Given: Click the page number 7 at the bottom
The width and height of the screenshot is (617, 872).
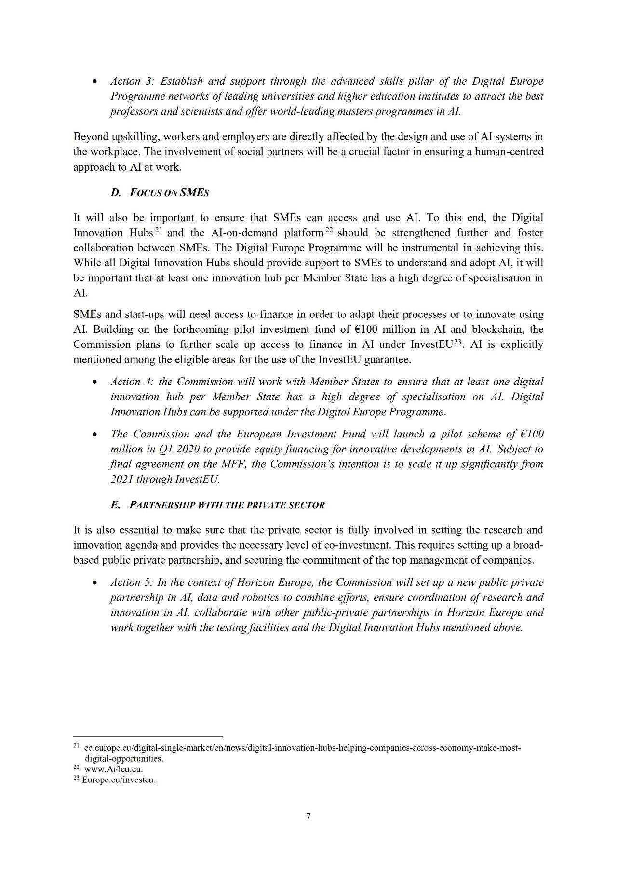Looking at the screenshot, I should point(308,816).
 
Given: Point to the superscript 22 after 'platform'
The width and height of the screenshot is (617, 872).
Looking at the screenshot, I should point(330,230).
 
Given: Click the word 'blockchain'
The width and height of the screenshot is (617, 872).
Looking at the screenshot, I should point(498,330).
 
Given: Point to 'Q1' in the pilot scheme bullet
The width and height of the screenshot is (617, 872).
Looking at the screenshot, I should point(165,449).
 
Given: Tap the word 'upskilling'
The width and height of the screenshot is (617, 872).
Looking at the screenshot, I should point(133,137).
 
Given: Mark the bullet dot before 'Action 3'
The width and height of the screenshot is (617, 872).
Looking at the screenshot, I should point(95,82).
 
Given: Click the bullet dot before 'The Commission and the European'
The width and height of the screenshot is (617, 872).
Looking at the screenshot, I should point(95,435).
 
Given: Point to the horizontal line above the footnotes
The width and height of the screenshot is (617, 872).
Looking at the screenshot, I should point(148,736).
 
